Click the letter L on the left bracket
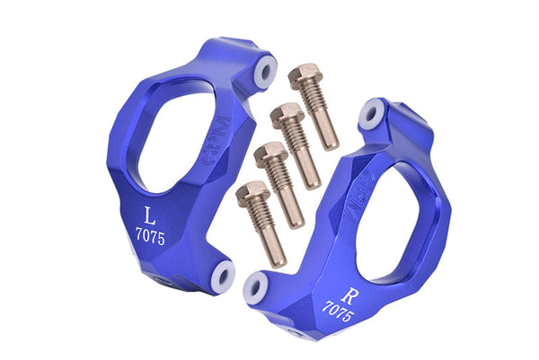tap(150, 215)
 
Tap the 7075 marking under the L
tap(149, 235)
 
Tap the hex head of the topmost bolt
tap(306, 75)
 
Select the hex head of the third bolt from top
tap(269, 154)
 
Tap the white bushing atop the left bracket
tap(266, 69)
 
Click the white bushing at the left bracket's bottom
tap(223, 274)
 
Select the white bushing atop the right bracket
tap(371, 114)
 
